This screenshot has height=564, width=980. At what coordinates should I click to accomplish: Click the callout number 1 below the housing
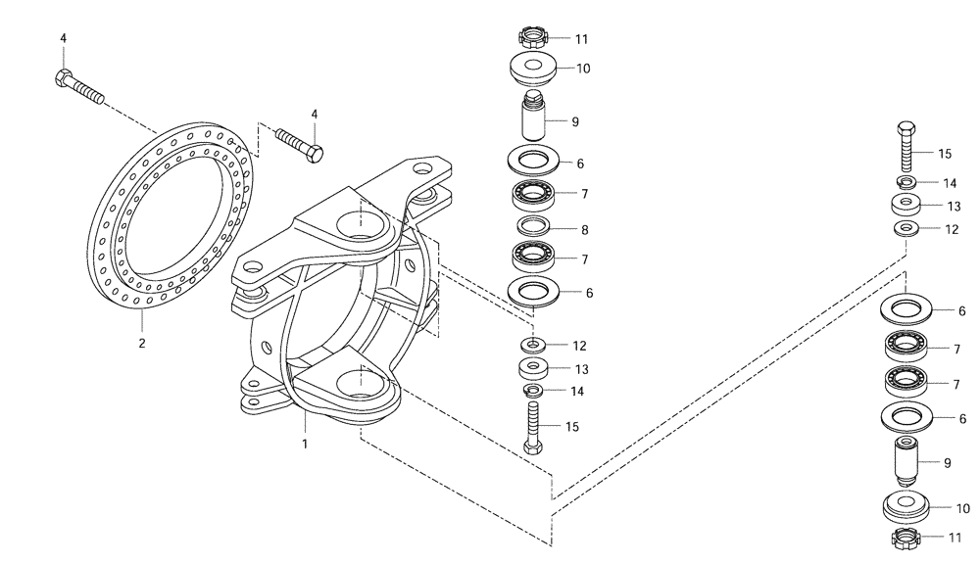pyautogui.click(x=305, y=444)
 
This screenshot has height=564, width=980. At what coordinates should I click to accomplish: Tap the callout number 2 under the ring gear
pyautogui.click(x=142, y=344)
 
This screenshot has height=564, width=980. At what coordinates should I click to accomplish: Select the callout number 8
pyautogui.click(x=584, y=230)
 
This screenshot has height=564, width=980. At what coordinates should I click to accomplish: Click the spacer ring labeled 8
pyautogui.click(x=533, y=227)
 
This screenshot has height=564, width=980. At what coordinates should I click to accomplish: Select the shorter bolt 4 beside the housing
pyautogui.click(x=300, y=143)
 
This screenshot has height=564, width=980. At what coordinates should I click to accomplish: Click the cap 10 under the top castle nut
pyautogui.click(x=533, y=70)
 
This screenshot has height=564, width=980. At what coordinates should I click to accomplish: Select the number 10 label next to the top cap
pyautogui.click(x=584, y=70)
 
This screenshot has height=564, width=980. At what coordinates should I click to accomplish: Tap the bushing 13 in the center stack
pyautogui.click(x=532, y=368)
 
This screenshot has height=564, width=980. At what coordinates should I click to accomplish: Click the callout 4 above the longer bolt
pyautogui.click(x=64, y=38)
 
